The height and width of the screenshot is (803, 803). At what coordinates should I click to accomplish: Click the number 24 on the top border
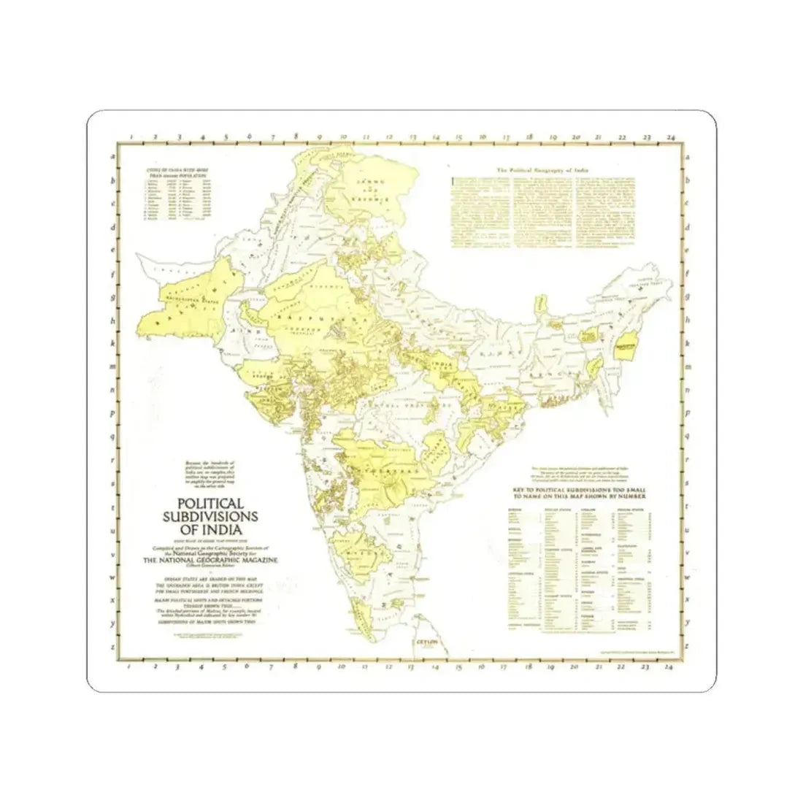(x=669, y=137)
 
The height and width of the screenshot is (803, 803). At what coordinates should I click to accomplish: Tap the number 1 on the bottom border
(x=129, y=666)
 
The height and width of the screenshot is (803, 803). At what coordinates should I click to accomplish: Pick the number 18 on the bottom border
(x=528, y=666)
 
